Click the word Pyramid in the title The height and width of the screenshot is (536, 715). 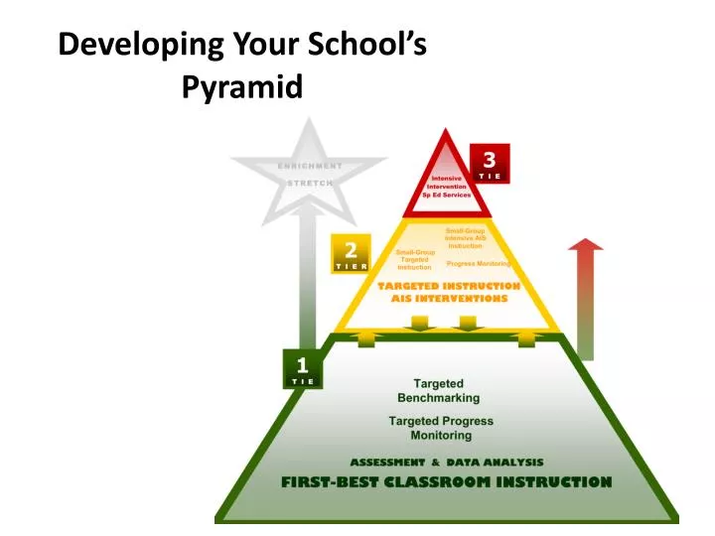coord(242,87)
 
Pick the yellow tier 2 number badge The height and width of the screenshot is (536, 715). coord(351,253)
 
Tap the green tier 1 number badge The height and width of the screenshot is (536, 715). coord(303,368)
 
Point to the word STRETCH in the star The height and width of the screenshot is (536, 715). coord(310,184)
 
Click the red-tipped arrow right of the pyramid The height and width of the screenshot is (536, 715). coord(587,298)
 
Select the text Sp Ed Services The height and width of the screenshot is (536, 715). coord(447,195)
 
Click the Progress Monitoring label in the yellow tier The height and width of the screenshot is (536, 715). coord(478,264)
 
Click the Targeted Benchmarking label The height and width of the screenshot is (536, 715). coord(438,390)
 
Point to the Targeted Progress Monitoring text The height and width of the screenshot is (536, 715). coord(441,428)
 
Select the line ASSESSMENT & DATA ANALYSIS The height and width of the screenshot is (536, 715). coord(446,463)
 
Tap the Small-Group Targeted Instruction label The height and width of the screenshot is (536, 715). coord(415,260)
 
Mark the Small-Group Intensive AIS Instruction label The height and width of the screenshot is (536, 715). coord(465,238)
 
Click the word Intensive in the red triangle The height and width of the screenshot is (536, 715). coord(446,179)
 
